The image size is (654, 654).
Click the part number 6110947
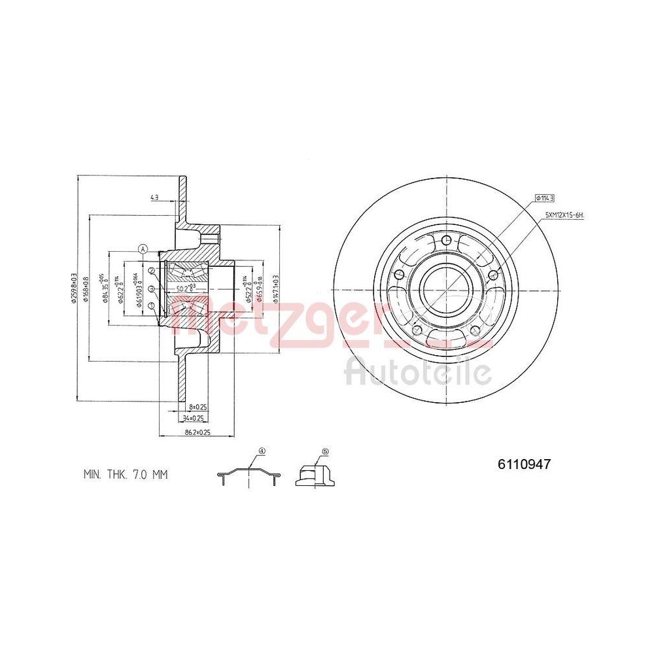pyautogui.click(x=525, y=464)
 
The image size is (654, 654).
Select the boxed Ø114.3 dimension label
pyautogui.click(x=545, y=197)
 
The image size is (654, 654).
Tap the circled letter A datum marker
pyautogui.click(x=143, y=248)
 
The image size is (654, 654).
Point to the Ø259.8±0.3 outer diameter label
pyautogui.click(x=74, y=287)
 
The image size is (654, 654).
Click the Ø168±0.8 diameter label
pyautogui.click(x=86, y=287)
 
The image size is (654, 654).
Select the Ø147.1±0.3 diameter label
pyautogui.click(x=276, y=287)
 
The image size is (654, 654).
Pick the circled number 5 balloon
pyautogui.click(x=325, y=451)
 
